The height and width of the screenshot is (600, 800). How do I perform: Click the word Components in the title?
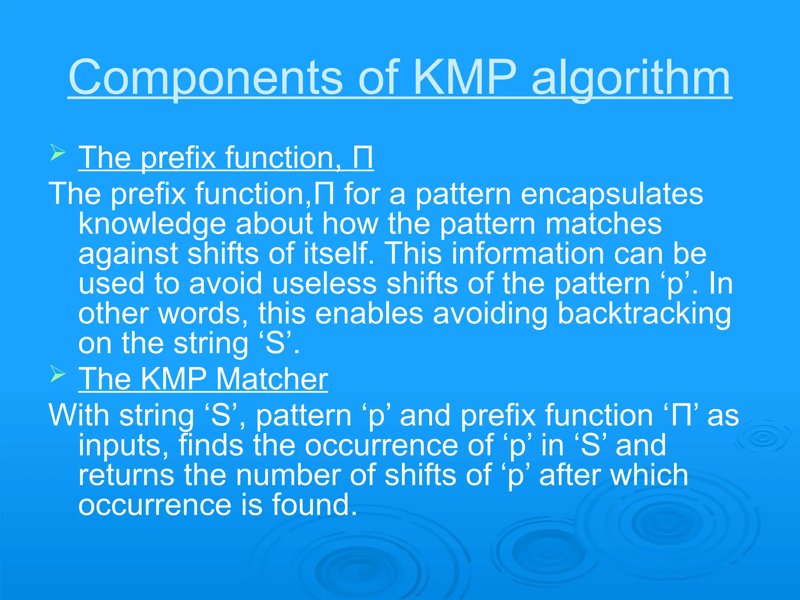coord(205,78)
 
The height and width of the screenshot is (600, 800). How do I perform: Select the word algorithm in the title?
coord(630,78)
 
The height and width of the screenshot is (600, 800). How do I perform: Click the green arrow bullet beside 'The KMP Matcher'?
coord(57,375)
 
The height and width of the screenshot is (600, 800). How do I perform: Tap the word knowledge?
coord(152,224)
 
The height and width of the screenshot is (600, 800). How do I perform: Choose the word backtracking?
coord(644,314)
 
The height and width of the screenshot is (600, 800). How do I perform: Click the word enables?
coord(369,313)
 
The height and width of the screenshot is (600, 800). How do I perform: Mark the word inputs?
coord(123,446)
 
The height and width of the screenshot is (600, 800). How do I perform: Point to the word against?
coord(128,254)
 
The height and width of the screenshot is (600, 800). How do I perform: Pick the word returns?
coord(126,475)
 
